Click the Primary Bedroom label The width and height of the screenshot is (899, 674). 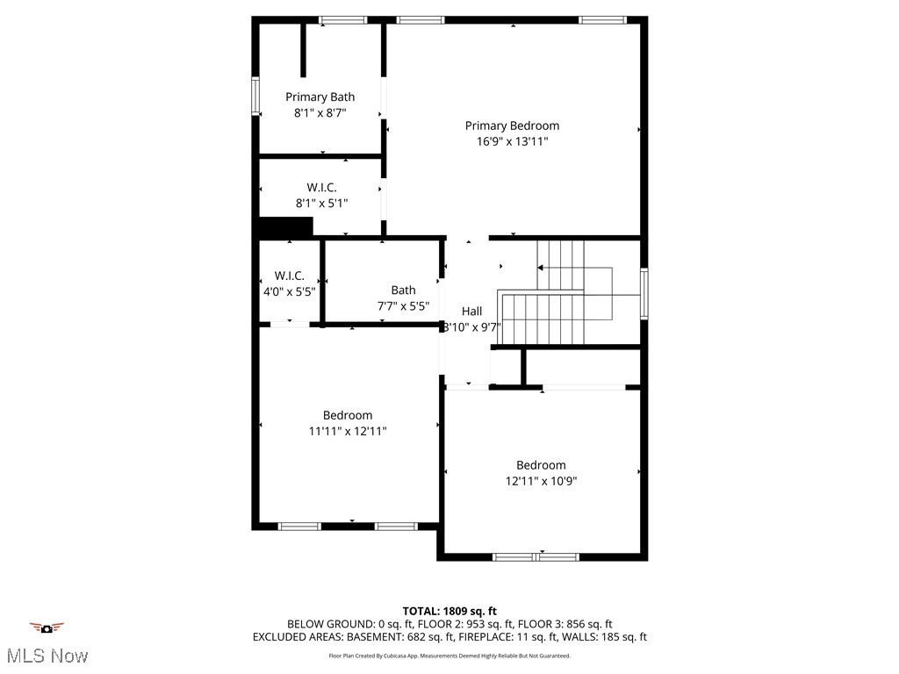point(511,125)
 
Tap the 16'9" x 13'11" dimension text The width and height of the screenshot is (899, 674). point(511,141)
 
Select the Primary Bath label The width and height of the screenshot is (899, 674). point(320,97)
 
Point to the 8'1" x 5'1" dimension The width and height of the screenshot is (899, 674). point(321,203)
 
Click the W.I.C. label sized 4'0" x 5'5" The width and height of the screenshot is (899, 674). point(289,276)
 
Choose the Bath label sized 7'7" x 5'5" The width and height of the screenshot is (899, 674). point(403,290)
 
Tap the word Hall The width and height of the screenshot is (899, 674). point(471,312)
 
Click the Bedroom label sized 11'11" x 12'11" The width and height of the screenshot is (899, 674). point(347,415)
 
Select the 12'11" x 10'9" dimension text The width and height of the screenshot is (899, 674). point(541,481)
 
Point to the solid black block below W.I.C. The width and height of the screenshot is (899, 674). point(286,228)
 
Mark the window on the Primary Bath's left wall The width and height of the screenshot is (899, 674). point(255,97)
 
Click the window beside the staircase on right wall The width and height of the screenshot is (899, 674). point(644,294)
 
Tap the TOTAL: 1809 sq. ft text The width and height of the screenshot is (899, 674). point(449,611)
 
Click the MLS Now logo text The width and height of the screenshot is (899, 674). point(47,656)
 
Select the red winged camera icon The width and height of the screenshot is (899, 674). point(47,627)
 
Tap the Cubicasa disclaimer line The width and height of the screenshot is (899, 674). point(449,656)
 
